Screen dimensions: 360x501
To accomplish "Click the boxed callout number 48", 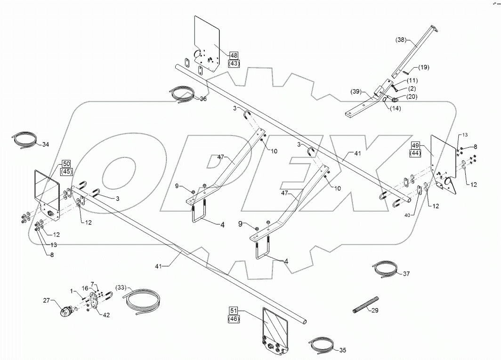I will tap(234, 55).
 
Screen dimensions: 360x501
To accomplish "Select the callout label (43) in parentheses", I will tap(234, 63).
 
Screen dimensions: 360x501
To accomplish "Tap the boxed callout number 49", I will tap(415, 145).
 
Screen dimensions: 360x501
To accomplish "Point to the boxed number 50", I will tap(66, 164).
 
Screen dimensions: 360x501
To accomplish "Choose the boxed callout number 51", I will tap(234, 311).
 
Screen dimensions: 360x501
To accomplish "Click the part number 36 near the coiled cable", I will tap(203, 99).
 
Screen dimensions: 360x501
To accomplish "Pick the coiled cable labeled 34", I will tap(24, 140).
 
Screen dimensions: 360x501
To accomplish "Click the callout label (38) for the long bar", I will tap(401, 41).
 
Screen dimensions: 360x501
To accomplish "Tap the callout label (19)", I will tap(423, 68).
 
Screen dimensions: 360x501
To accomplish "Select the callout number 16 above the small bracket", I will tap(85, 288).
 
